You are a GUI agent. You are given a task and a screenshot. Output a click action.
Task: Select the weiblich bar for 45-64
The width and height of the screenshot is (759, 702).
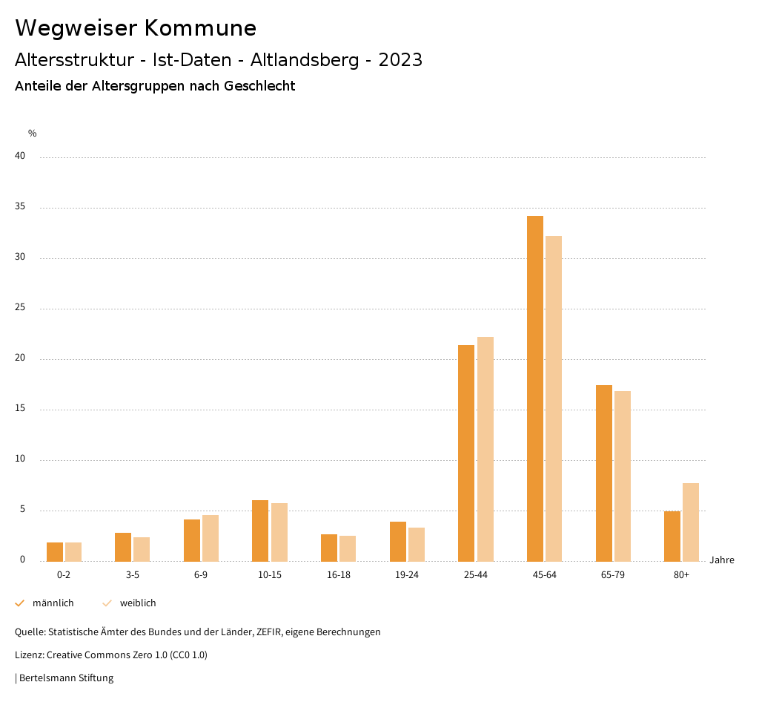[554, 398]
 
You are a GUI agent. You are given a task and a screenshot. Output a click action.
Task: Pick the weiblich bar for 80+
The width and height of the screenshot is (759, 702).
[691, 522]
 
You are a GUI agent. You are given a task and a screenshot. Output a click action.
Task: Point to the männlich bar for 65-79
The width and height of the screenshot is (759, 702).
[604, 473]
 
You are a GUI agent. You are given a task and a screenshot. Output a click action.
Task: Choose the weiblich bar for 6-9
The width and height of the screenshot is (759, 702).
[211, 538]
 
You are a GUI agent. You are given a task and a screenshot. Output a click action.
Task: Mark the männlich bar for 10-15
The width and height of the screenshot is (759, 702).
[260, 531]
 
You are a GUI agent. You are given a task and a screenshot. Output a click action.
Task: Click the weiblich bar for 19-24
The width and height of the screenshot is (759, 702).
[417, 544]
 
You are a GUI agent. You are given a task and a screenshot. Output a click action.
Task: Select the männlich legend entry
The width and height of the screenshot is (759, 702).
[45, 603]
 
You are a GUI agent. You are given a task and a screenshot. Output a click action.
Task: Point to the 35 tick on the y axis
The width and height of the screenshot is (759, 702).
[20, 207]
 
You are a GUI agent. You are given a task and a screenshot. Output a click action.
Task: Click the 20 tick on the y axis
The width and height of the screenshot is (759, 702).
[20, 358]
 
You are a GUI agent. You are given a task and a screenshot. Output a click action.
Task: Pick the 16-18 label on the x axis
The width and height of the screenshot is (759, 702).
[338, 575]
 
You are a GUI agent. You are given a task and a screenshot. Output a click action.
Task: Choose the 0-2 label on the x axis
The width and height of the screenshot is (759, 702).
[64, 575]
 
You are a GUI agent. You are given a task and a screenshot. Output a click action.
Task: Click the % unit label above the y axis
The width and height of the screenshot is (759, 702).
[32, 134]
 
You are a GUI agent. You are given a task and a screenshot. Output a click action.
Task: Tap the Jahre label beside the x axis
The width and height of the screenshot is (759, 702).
[721, 560]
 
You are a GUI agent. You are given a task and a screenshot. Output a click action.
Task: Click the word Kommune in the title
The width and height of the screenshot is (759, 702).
[200, 28]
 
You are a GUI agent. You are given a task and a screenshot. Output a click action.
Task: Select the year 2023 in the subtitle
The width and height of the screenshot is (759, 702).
[400, 60]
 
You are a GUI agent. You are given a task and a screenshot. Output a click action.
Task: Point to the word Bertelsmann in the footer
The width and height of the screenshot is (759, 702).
[45, 678]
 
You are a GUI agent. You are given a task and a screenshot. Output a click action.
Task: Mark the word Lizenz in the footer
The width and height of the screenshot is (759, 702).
[29, 655]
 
